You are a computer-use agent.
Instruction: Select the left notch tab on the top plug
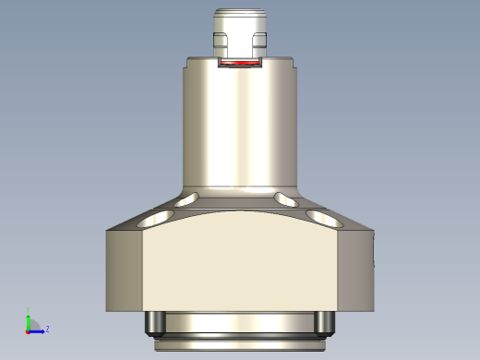tap(220, 41)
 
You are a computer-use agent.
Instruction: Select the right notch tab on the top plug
tap(260, 41)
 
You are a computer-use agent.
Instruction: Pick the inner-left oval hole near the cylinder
tap(188, 198)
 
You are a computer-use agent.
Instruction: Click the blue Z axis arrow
tap(39, 329)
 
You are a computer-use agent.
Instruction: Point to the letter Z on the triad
tap(47, 328)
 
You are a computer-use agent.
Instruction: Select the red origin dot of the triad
tap(27, 330)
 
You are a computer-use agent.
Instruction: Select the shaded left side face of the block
tap(125, 268)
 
